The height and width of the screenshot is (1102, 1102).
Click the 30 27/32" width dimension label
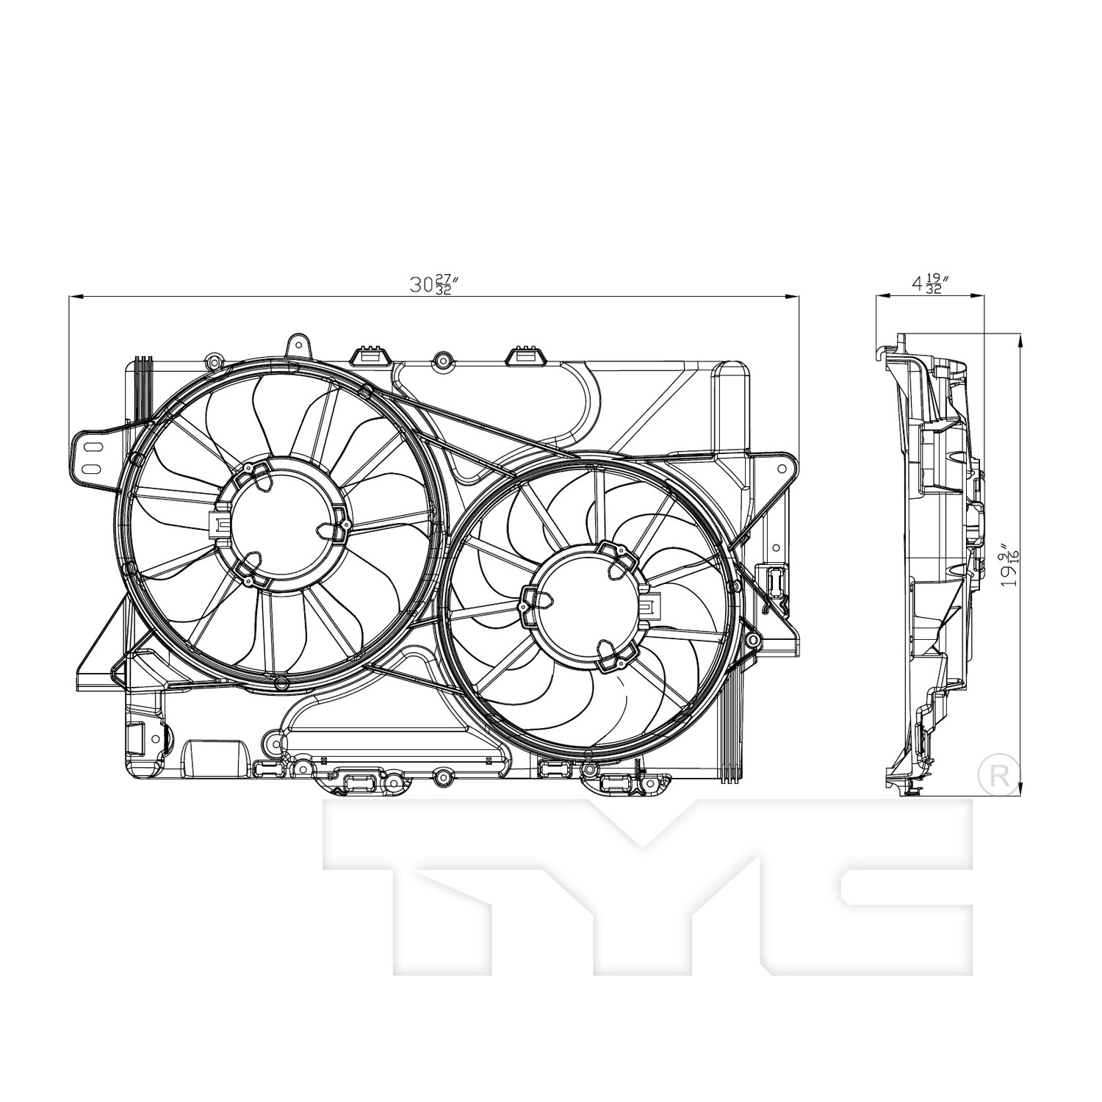[434, 284]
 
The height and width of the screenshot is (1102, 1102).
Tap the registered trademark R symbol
[1000, 774]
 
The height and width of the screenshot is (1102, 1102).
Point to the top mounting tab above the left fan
[297, 345]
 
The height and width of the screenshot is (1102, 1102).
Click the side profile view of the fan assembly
[933, 566]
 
